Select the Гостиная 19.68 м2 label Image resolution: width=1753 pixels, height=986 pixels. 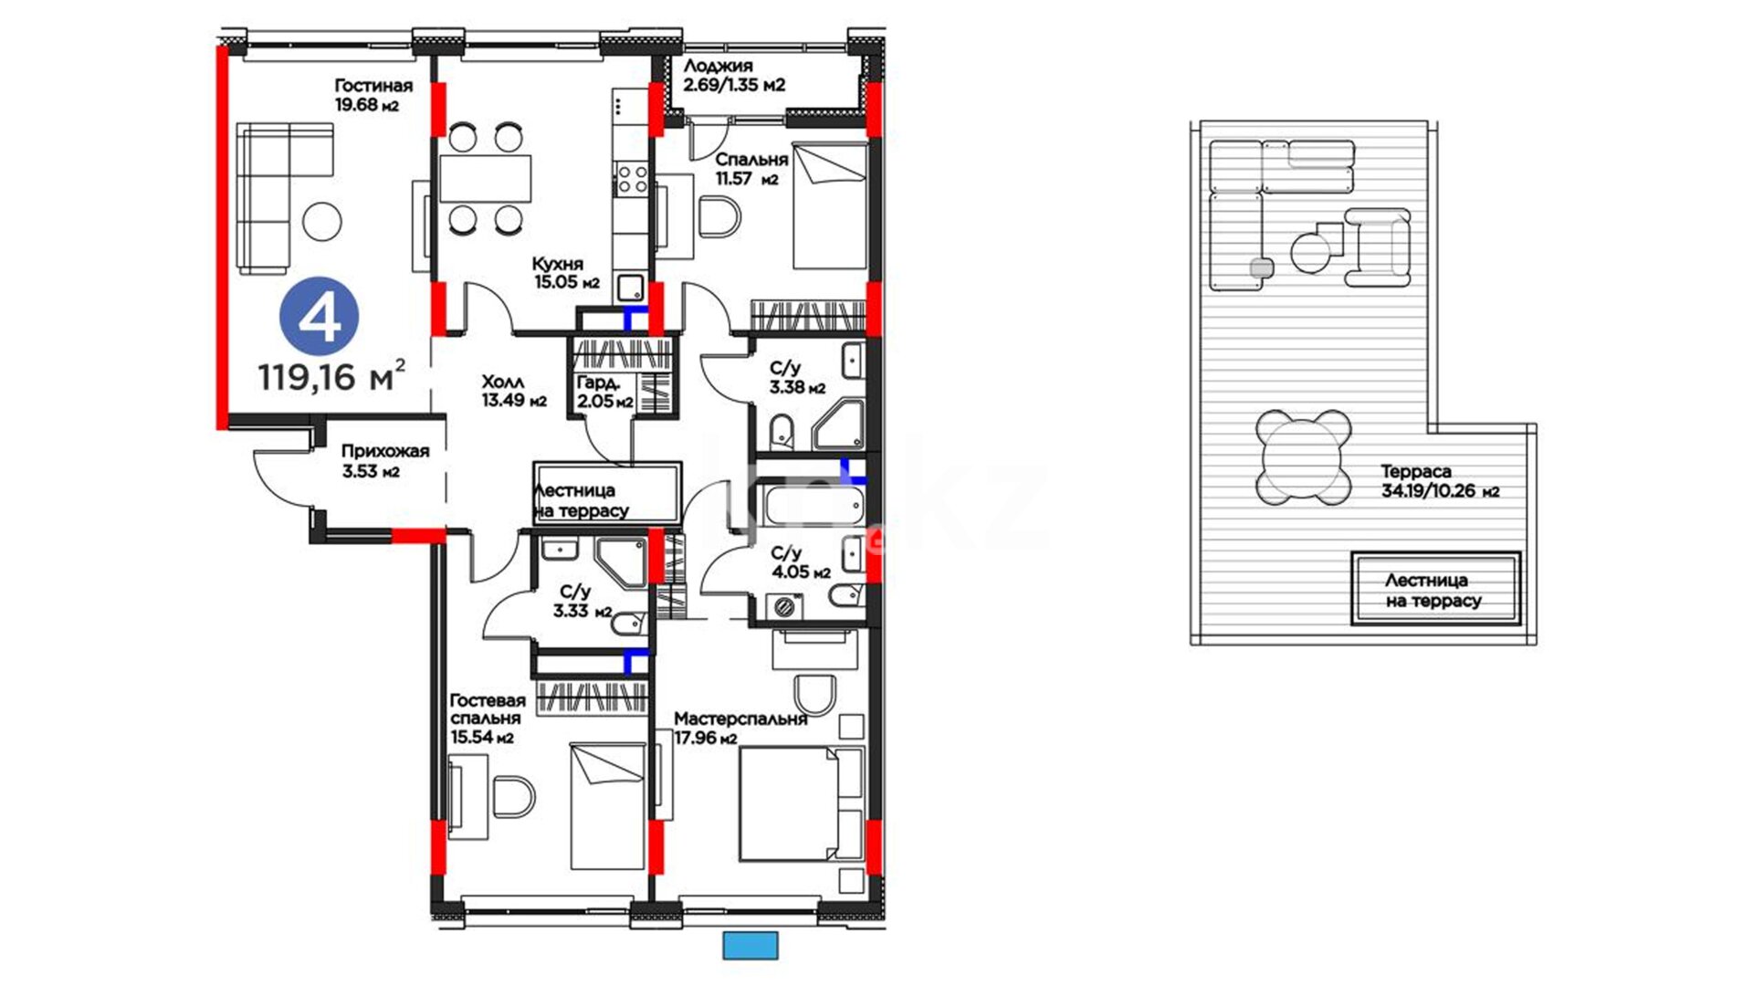(x=373, y=95)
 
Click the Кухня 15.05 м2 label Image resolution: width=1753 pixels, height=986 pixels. (x=566, y=273)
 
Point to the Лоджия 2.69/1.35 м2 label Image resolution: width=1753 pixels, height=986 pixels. (x=734, y=75)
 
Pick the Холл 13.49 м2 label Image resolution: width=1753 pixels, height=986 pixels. (x=514, y=391)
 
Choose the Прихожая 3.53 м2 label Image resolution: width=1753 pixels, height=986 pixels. (x=384, y=461)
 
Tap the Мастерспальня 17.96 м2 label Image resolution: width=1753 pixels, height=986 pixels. (x=740, y=729)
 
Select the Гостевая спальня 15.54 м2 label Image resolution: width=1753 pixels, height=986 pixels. (x=488, y=719)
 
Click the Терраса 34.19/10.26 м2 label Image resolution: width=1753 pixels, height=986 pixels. (x=1440, y=481)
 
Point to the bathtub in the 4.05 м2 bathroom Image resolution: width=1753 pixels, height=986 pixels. (x=813, y=506)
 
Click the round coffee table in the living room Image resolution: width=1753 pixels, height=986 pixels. (x=321, y=221)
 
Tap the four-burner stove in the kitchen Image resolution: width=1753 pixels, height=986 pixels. (x=631, y=179)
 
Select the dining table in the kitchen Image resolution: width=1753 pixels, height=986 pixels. (x=485, y=179)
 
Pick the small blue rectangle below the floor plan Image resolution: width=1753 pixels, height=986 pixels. (x=751, y=946)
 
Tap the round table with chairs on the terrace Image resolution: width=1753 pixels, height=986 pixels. (x=1303, y=457)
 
